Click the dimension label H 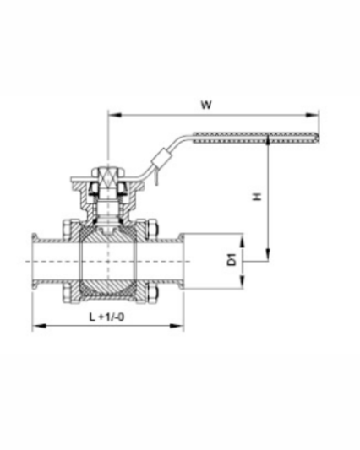point(254,197)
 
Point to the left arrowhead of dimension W point(111,115)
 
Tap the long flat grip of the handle point(254,136)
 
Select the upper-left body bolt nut point(66,229)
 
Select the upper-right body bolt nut point(151,229)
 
